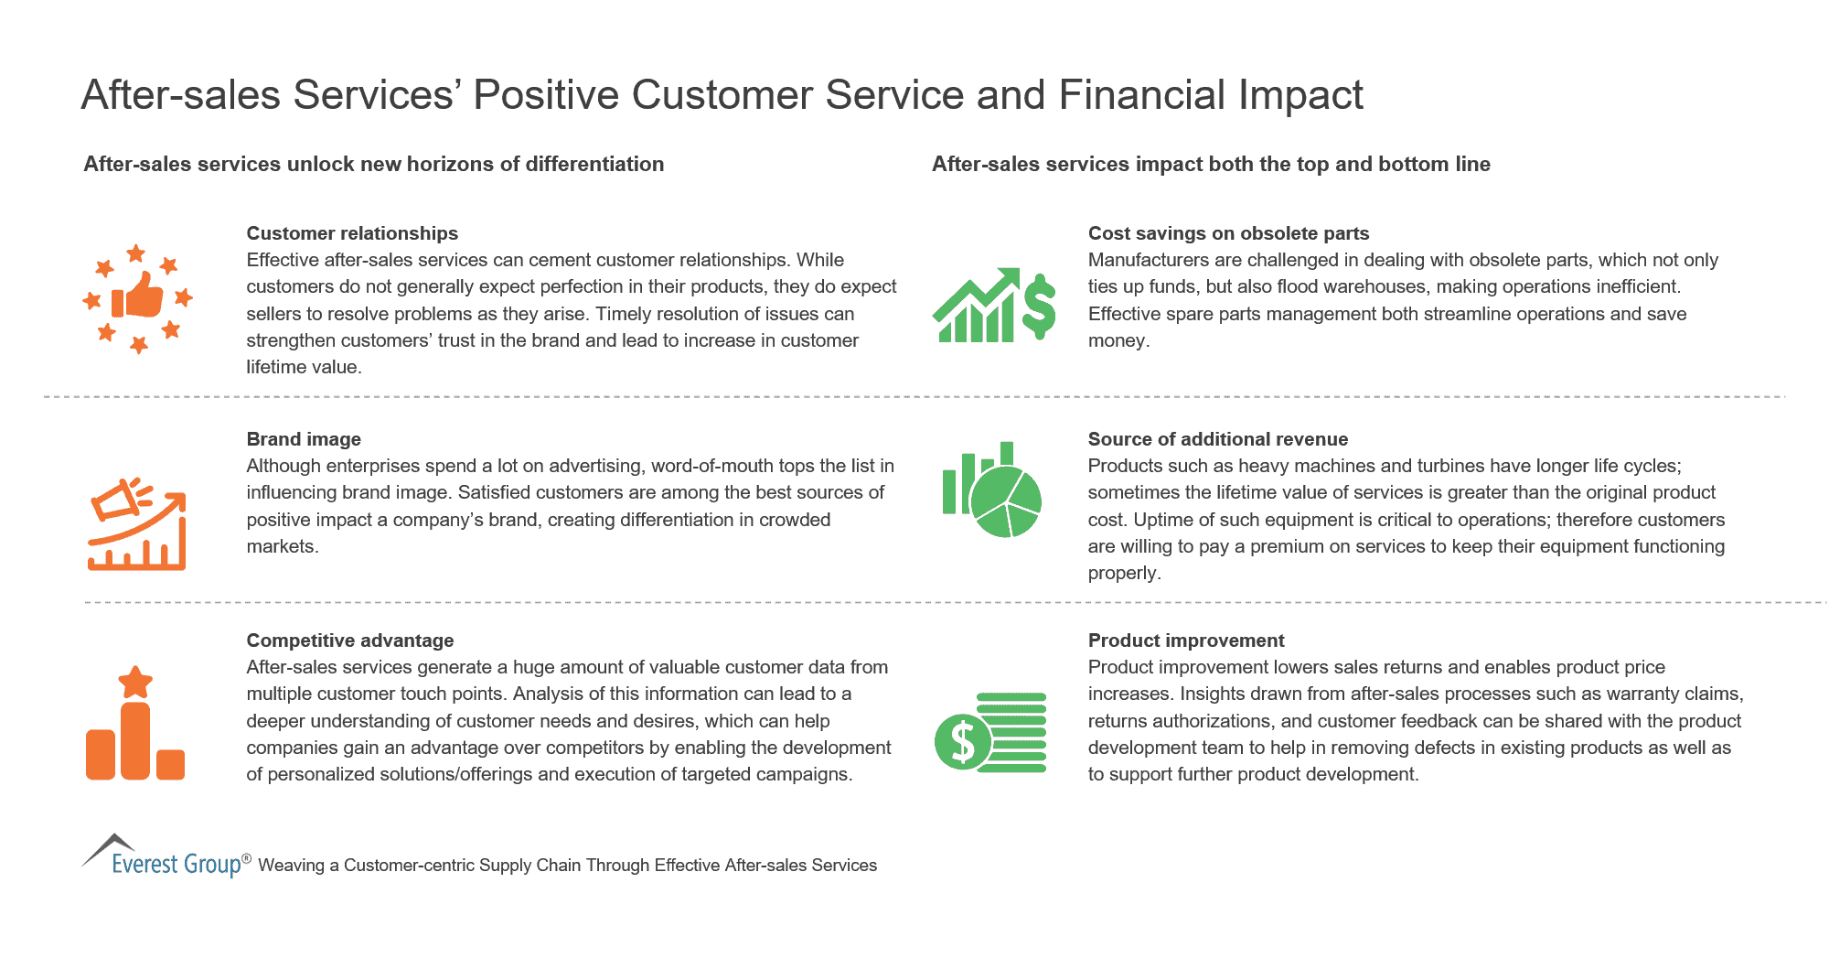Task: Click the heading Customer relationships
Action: click(x=352, y=233)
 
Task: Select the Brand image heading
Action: click(x=304, y=439)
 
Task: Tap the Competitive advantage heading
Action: click(x=350, y=640)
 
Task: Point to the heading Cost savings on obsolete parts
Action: click(x=1228, y=233)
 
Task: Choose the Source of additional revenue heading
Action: click(x=1218, y=439)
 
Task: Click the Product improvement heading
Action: click(x=1186, y=640)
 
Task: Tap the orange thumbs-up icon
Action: click(x=138, y=296)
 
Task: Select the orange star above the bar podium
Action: click(x=135, y=682)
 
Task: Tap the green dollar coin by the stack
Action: click(x=962, y=741)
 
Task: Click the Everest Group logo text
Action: click(x=176, y=864)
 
